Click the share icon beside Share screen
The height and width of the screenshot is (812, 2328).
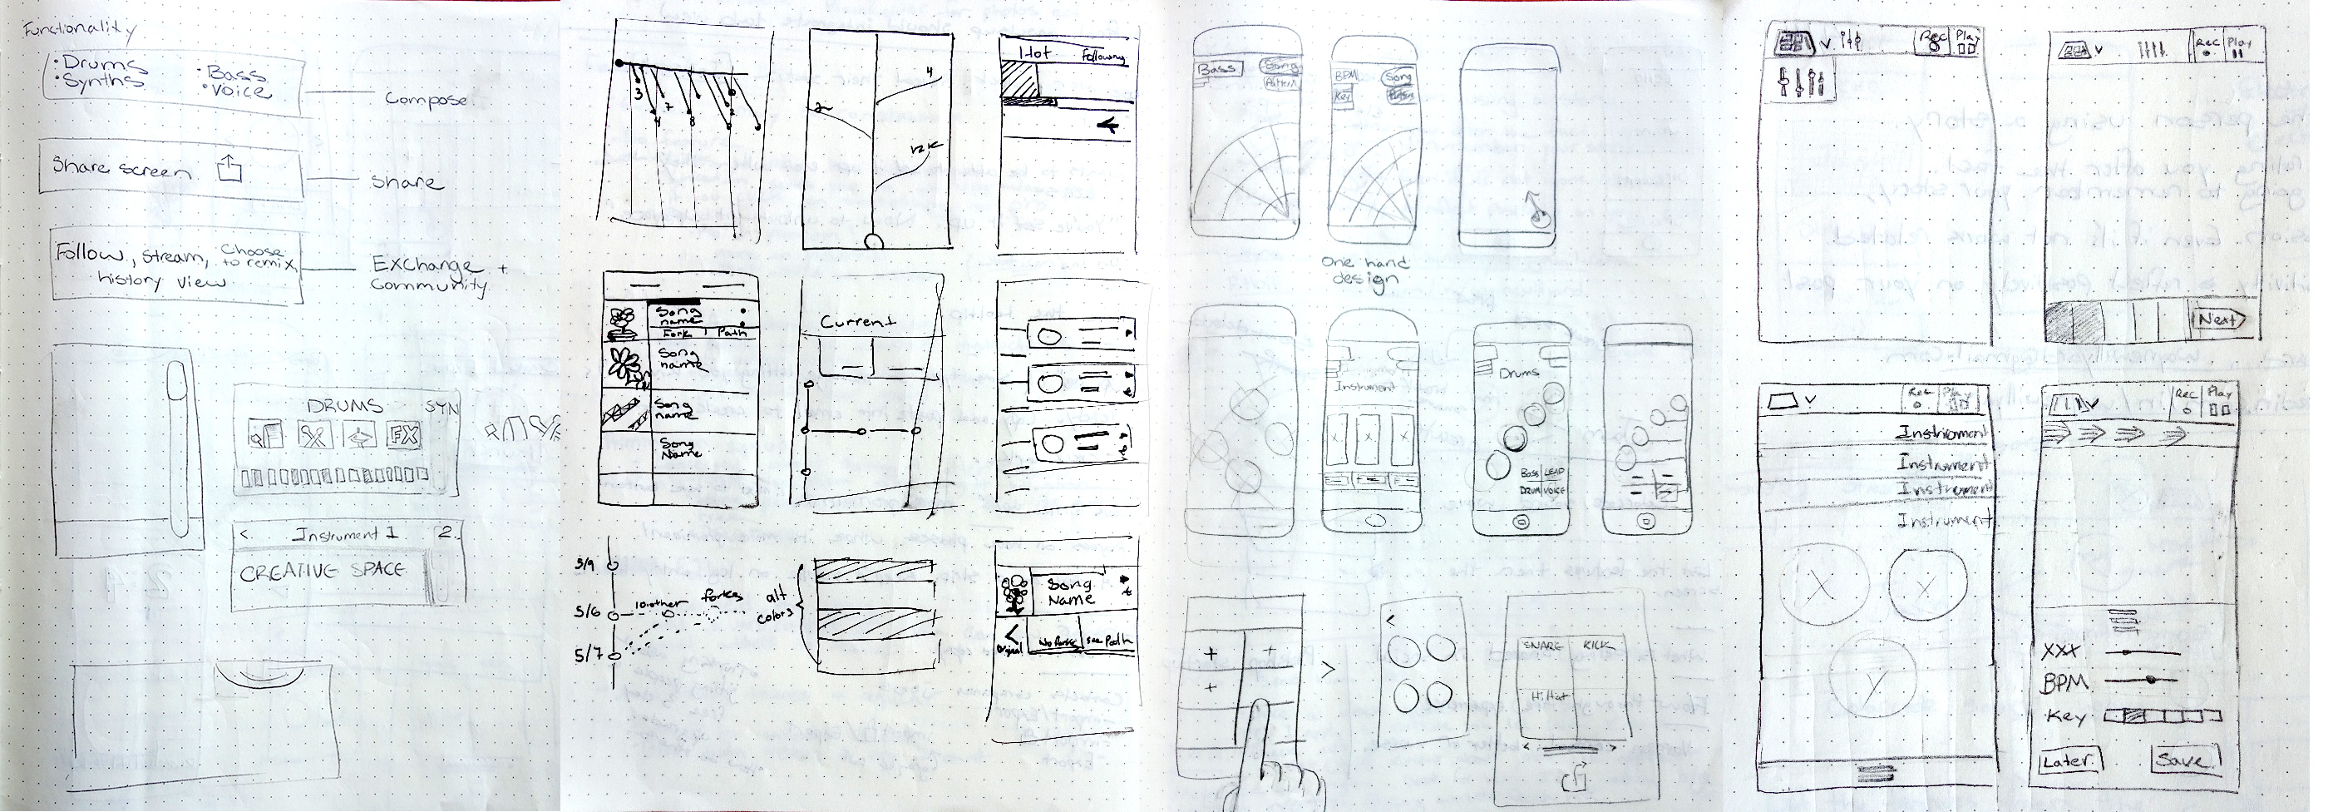click(230, 168)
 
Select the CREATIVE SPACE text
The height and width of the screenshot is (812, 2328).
click(322, 572)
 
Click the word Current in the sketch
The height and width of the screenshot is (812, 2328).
click(858, 321)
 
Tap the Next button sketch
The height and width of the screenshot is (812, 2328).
click(2217, 319)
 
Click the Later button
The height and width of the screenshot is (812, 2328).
click(2068, 760)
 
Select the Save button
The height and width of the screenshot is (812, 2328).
click(2185, 760)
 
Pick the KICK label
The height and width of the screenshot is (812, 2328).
click(1599, 646)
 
